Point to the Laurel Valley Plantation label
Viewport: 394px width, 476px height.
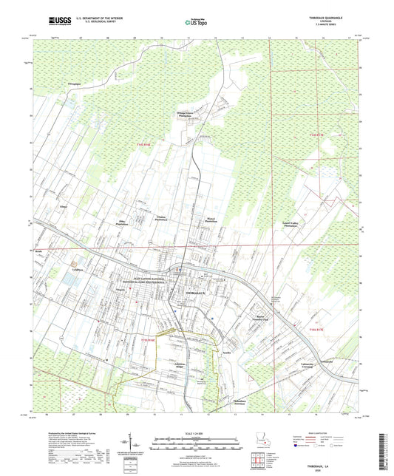[316, 224]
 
